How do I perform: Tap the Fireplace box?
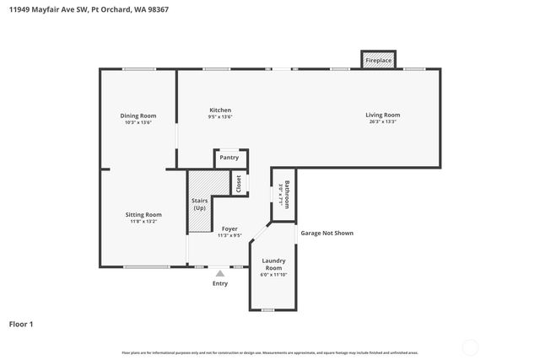point(377,61)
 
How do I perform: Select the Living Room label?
point(382,115)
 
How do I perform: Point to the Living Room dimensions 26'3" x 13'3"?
point(382,121)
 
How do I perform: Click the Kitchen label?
point(220,110)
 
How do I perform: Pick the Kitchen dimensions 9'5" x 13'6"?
point(220,117)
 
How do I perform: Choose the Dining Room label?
point(137,116)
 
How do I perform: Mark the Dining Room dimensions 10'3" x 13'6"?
point(137,122)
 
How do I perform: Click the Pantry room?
point(229,158)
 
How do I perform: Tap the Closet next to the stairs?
point(239,184)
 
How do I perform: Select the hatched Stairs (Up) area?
point(199,202)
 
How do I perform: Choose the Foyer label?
point(229,228)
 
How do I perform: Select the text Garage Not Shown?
point(327,233)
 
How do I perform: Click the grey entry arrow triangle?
point(220,272)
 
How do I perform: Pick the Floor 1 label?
point(21,324)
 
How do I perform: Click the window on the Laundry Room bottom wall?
point(267,310)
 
